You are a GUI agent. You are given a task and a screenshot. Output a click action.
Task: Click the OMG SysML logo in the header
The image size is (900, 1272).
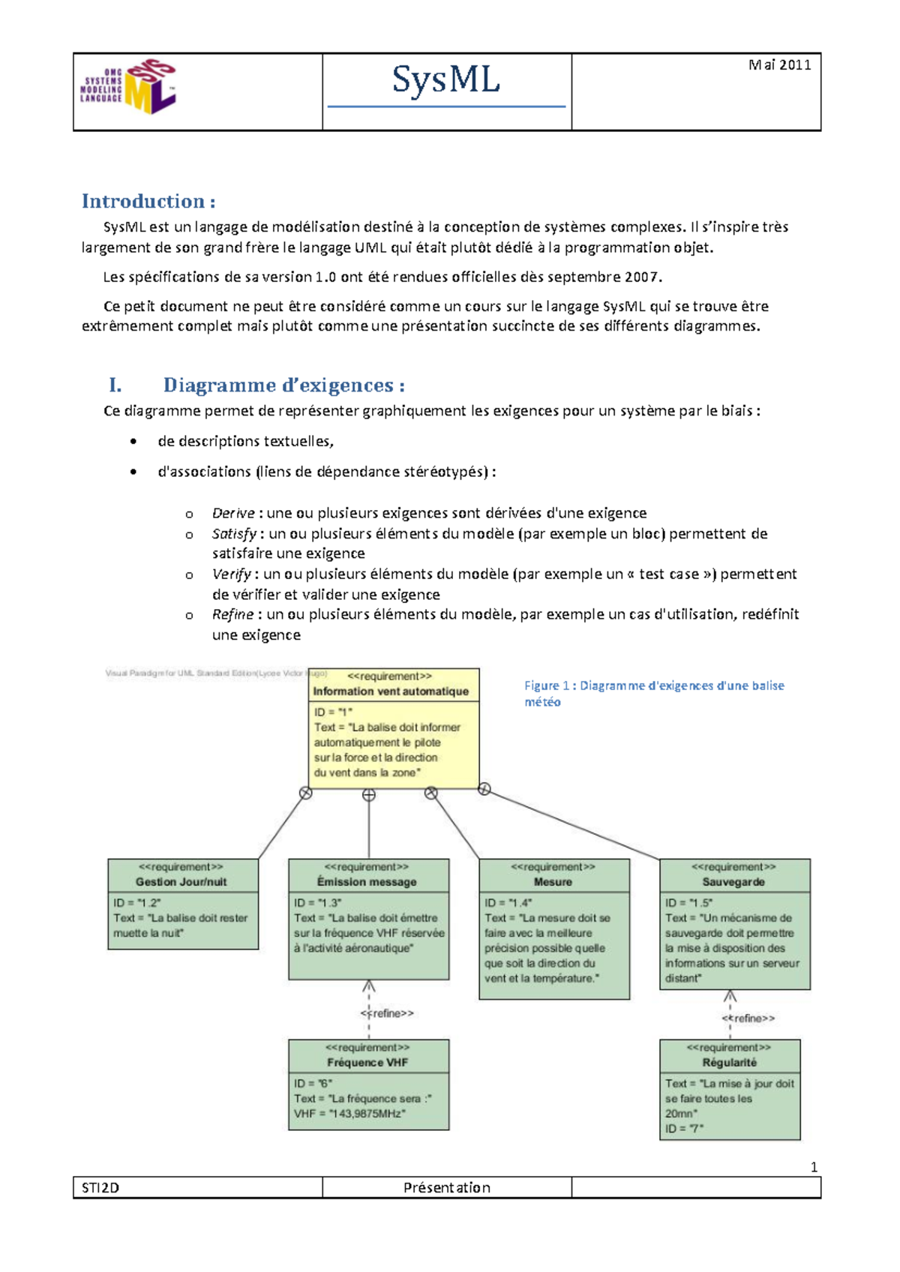(x=128, y=88)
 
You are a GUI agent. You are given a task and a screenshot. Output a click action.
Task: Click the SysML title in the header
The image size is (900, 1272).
(x=445, y=80)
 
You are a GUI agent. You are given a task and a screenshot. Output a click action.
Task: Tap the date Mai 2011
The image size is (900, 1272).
(x=779, y=65)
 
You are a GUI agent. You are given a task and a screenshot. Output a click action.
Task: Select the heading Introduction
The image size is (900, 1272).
(x=148, y=201)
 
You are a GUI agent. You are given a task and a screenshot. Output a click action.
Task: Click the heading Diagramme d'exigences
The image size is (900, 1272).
(x=283, y=385)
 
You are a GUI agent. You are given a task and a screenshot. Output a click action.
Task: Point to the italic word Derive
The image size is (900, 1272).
(x=232, y=513)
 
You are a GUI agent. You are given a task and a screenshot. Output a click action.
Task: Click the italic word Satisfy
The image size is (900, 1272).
(x=234, y=533)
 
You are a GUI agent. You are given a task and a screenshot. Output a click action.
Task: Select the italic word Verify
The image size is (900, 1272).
(x=231, y=574)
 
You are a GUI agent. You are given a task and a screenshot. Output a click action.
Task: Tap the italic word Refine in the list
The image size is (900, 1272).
(x=232, y=614)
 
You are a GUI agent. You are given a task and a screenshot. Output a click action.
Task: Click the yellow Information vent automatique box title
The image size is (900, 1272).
(x=391, y=691)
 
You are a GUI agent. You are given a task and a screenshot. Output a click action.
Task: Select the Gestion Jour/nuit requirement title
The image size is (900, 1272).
(x=181, y=882)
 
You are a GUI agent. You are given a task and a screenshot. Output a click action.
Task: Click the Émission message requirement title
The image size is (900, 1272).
(x=367, y=882)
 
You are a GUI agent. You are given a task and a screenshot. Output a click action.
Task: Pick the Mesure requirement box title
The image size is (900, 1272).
(x=553, y=882)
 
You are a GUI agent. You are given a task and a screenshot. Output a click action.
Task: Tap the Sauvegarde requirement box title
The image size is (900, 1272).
(x=733, y=882)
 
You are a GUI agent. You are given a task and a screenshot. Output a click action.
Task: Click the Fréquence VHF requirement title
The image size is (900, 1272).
(x=367, y=1063)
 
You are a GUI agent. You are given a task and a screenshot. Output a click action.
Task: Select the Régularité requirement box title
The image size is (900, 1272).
(x=729, y=1063)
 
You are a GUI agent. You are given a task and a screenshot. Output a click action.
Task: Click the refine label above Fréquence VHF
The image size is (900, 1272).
(x=387, y=1013)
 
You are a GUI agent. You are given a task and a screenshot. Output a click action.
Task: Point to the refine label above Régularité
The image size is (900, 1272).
(x=748, y=1018)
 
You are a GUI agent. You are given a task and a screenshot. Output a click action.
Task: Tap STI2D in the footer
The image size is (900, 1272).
(x=100, y=1188)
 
